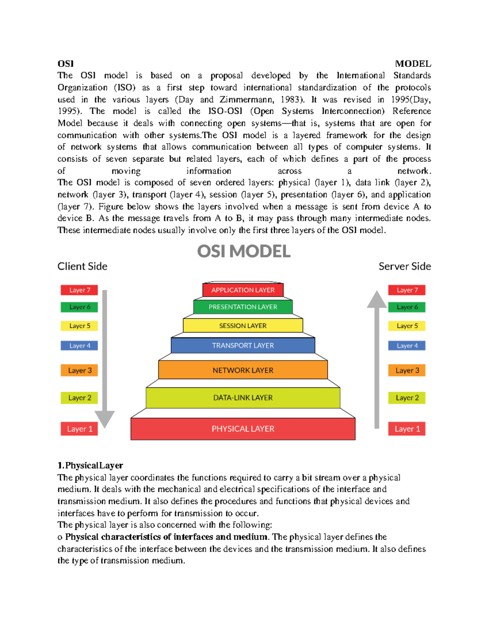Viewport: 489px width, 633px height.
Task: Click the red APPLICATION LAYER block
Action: coord(243,290)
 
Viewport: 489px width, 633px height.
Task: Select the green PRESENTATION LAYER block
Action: coord(243,307)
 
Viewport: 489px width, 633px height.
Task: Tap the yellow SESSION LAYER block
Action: coord(243,326)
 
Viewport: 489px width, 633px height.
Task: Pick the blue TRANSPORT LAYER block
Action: coord(243,346)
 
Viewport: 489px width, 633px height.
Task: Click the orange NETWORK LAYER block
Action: coord(243,370)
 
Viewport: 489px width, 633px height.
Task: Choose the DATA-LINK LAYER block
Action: coord(243,398)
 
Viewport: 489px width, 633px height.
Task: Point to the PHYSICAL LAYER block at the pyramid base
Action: coord(243,429)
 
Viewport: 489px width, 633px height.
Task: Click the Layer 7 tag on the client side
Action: coord(79,290)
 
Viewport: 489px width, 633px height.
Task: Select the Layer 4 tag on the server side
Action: coord(407,346)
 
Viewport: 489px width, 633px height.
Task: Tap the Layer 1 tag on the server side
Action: coord(407,429)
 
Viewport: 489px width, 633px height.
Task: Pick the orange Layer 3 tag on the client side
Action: coord(79,370)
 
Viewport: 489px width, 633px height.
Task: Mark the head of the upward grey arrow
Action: coord(377,300)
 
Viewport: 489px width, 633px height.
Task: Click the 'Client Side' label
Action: coord(82,267)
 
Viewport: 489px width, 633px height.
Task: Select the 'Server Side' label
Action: coord(405,267)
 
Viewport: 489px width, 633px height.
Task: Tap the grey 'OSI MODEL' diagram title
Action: coord(244,251)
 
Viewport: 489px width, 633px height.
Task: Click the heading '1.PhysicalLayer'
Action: coord(90,465)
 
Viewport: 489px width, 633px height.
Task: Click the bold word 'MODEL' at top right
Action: coord(413,64)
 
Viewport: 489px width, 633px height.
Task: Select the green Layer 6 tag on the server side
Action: coord(407,307)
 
